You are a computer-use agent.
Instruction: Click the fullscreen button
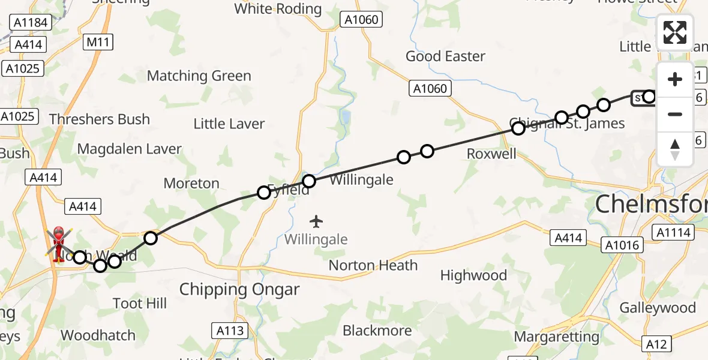point(674,32)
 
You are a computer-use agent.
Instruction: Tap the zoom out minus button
point(674,114)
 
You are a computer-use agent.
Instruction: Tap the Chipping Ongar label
point(239,290)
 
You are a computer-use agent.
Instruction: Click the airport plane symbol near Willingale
point(316,221)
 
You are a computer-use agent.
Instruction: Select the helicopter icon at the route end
point(58,244)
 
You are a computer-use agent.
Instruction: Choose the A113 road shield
point(229,330)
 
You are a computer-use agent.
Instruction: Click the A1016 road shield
point(623,244)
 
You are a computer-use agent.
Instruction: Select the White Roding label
point(278,9)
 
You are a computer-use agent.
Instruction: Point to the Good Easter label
point(445,56)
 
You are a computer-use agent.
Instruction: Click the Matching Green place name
point(199,76)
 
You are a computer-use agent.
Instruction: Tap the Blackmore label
point(377,331)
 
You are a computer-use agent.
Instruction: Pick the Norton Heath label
point(373,265)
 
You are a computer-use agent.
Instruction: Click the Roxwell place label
point(491,154)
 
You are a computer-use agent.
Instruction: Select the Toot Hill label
point(140,304)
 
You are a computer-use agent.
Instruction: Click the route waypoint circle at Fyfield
point(263,193)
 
